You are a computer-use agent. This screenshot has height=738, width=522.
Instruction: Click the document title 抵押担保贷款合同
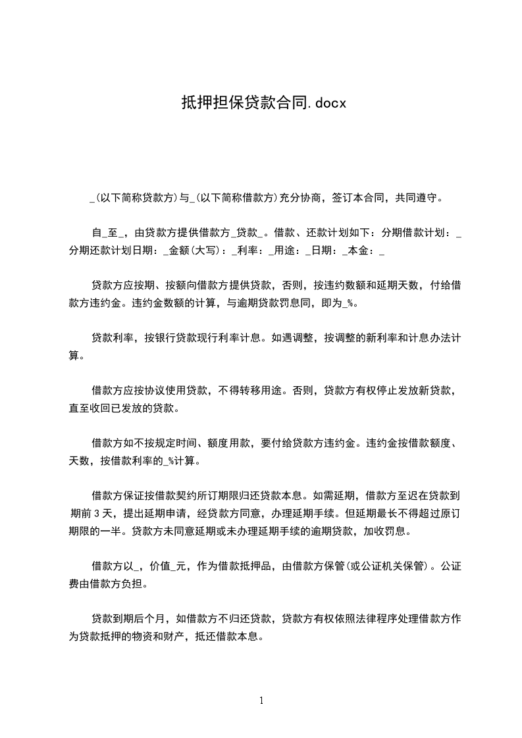tap(244, 103)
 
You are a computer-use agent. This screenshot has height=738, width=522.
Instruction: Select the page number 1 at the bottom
tap(261, 701)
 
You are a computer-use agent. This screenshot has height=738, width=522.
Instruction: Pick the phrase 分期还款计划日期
tap(115, 251)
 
